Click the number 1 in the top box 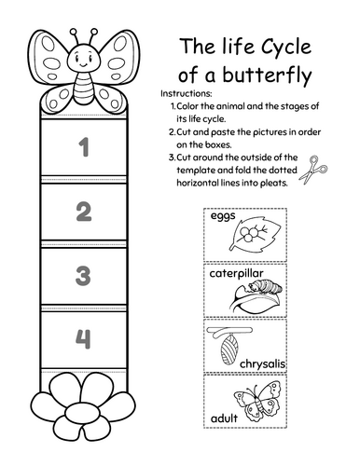point(84,147)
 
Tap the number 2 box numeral point(84,212)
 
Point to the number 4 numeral point(84,338)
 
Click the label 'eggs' point(224,217)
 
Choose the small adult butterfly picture point(262,403)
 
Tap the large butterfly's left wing point(50,61)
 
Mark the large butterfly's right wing point(118,60)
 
